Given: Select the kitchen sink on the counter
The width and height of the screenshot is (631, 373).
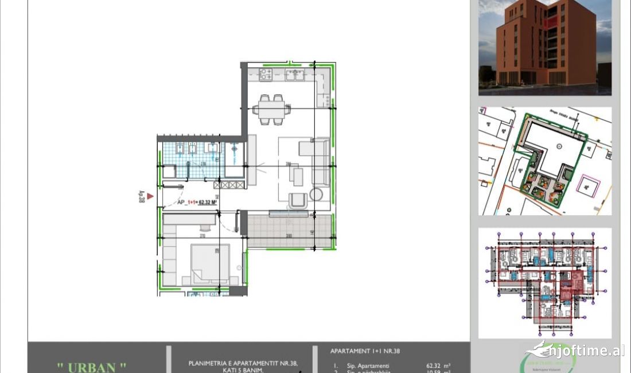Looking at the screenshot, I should tap(295, 74).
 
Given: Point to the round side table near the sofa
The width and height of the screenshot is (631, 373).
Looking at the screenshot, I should tap(316, 193).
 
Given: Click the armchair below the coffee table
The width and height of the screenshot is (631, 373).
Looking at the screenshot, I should tap(298, 200).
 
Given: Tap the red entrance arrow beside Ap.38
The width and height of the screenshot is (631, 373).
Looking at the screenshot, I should tap(150, 196).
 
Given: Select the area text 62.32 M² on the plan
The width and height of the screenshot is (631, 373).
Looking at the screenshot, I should tap(207, 202).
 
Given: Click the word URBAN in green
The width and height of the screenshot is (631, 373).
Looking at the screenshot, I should tap(92, 367).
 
